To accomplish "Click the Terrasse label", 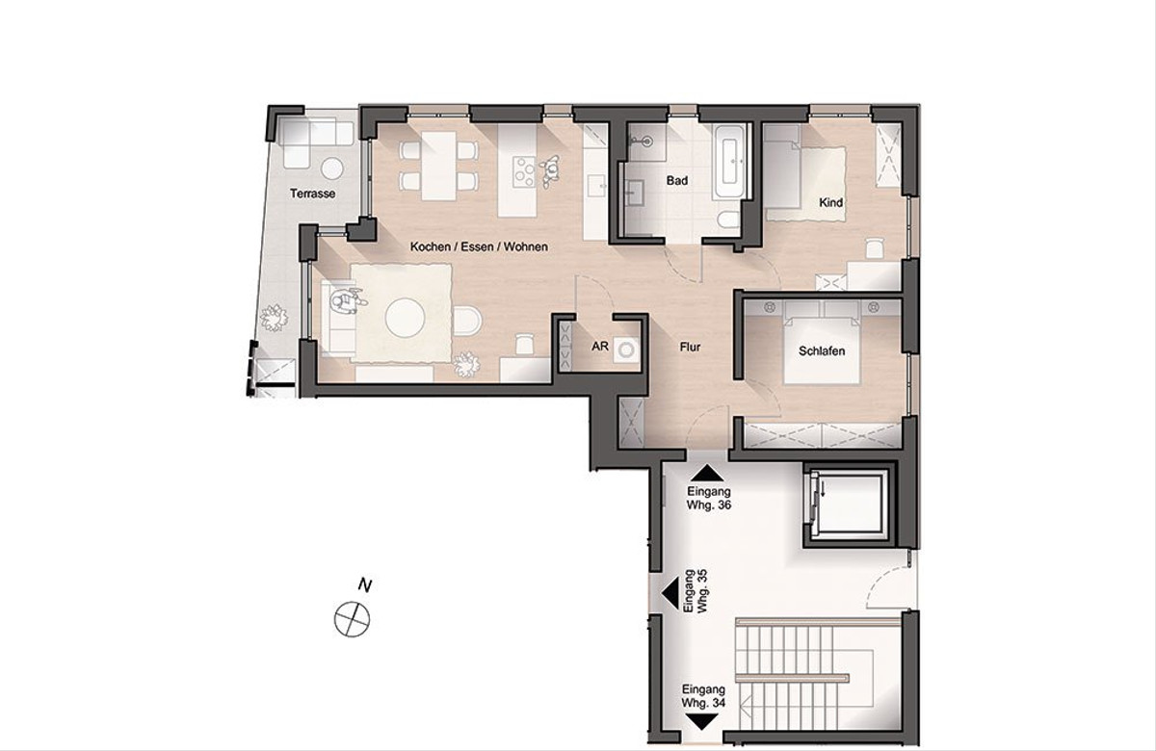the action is click(312, 194).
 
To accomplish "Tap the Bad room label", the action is click(677, 181).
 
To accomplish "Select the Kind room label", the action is click(830, 203).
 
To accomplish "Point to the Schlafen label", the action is click(822, 351).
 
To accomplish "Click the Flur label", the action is click(690, 348).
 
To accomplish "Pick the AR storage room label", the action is click(599, 346).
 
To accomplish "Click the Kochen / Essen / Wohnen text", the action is click(479, 247).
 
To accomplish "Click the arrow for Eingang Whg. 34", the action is click(702, 721).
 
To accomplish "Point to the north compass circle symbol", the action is click(353, 619).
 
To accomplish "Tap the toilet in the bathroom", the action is click(728, 220).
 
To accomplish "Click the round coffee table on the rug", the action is click(406, 318).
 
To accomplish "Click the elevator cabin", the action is click(849, 505).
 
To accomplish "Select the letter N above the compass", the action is click(365, 585).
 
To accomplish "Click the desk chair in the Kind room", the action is click(875, 248).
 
